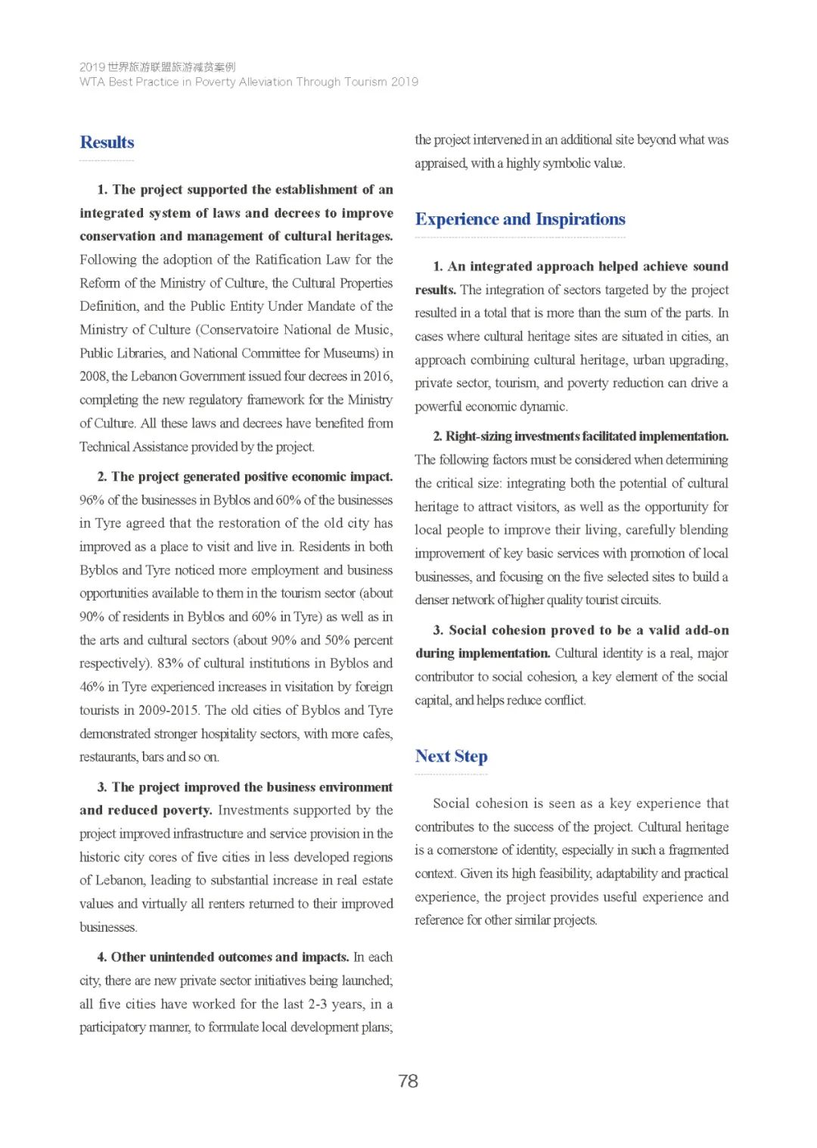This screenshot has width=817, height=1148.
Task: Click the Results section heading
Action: coord(107,142)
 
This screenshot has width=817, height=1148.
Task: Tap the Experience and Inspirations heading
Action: coord(520,219)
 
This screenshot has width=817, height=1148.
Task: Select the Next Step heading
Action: coord(451,756)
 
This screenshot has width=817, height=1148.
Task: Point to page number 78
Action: coord(408,1081)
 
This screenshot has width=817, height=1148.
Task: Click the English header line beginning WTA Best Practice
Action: coord(248,82)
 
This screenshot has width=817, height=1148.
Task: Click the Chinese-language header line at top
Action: coord(157,67)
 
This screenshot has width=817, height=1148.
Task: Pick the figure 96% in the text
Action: coord(92,500)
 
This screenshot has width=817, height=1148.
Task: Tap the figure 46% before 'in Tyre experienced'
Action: coord(92,687)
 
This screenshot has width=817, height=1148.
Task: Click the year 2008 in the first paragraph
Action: coord(93,376)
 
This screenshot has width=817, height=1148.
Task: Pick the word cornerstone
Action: coord(461,850)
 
